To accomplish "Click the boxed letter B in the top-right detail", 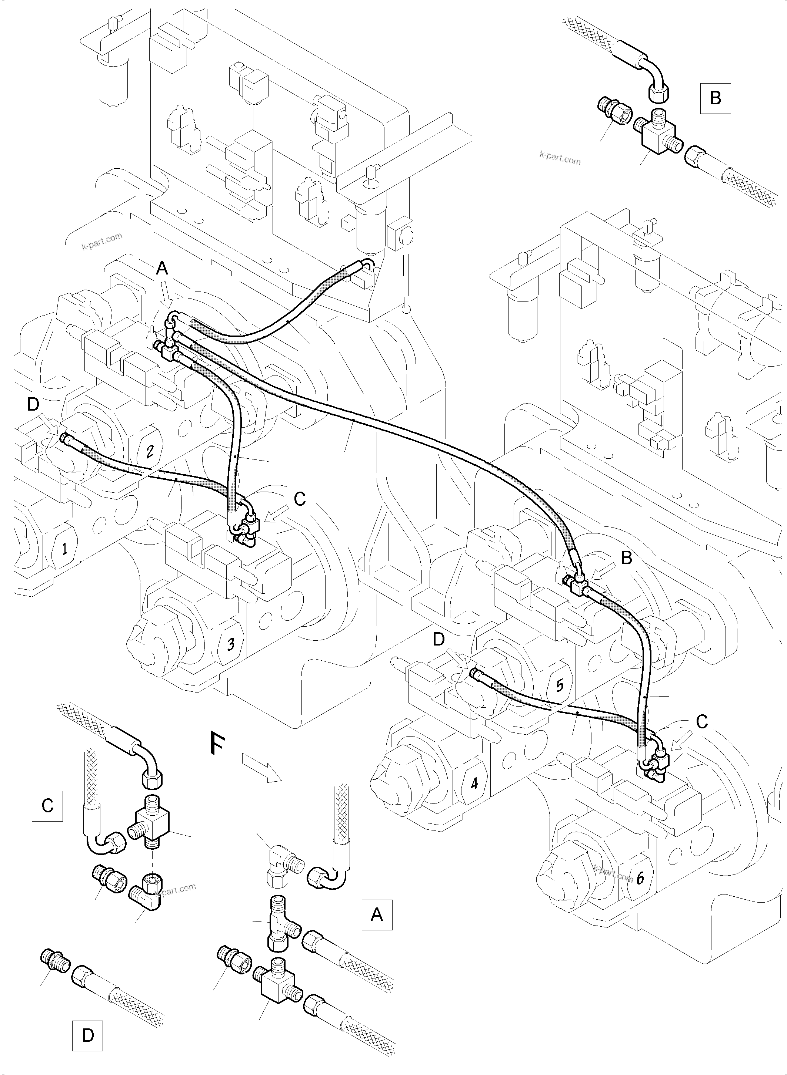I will coord(715,98).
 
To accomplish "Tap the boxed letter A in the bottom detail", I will coord(377,914).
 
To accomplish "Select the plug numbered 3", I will coord(230,644).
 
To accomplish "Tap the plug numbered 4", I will coord(474,782).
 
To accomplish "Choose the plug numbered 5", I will coord(559,685).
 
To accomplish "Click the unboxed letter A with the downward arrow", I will coord(162,269).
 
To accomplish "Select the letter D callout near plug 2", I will coord(32,404).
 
